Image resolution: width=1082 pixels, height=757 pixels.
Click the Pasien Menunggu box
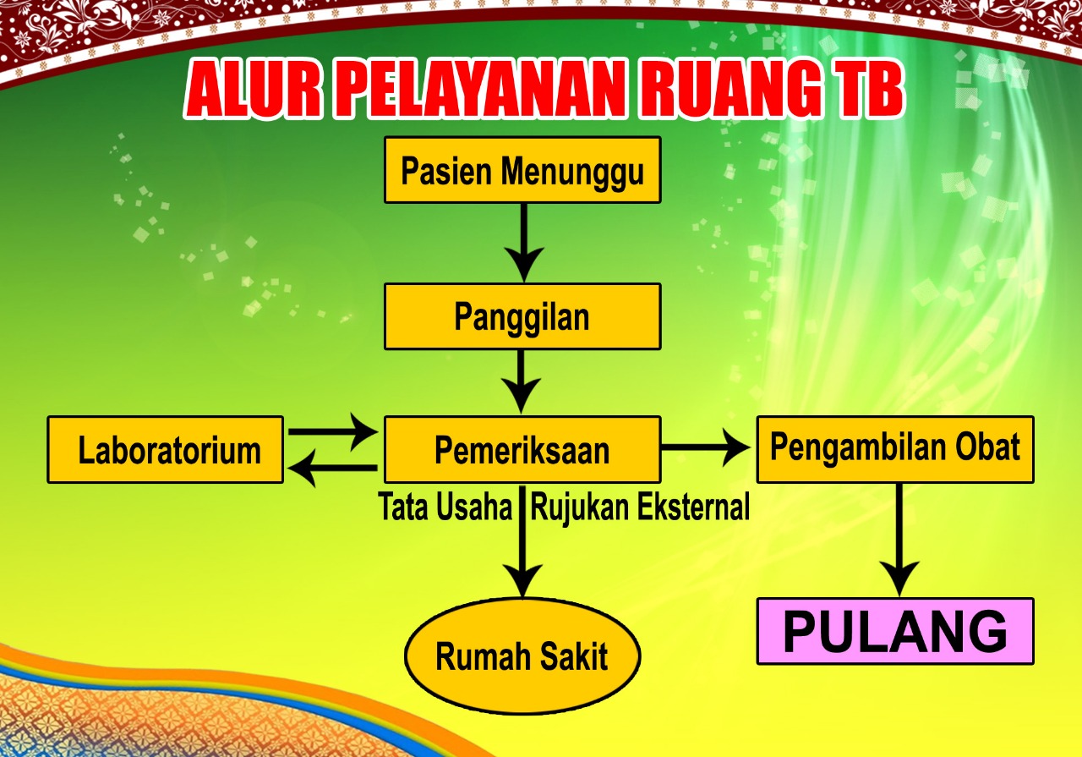[x=522, y=170]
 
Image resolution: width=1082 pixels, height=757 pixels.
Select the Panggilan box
[x=522, y=316]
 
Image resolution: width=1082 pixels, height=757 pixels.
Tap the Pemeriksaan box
[x=522, y=450]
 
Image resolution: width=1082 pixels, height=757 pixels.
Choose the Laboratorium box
[x=165, y=450]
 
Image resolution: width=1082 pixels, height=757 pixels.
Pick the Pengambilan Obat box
[x=895, y=450]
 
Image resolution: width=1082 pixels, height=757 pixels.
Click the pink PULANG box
[x=895, y=631]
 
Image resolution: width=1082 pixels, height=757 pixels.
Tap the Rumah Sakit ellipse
[x=522, y=656]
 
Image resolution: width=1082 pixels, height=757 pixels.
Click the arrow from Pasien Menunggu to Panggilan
[x=523, y=243]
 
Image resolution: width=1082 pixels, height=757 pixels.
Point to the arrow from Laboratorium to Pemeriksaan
[x=333, y=431]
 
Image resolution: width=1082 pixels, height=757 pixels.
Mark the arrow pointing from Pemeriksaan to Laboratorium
[x=332, y=468]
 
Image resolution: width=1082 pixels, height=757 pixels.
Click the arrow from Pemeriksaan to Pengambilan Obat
[x=706, y=447]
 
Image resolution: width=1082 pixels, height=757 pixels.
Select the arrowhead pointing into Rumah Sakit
[x=522, y=580]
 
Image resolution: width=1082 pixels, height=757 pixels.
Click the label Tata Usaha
[x=445, y=507]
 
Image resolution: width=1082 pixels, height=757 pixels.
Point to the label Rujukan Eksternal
[x=640, y=507]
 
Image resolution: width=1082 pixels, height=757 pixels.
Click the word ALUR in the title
[x=253, y=89]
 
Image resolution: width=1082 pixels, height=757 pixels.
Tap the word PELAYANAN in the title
[x=486, y=89]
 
